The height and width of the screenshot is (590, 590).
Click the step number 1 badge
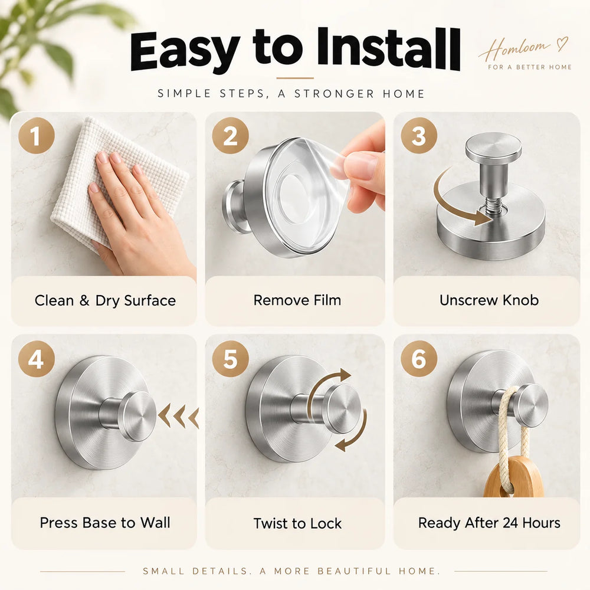coord(37,136)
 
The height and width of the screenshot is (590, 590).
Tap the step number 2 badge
coord(230,136)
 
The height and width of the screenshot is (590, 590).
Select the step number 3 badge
coord(419,136)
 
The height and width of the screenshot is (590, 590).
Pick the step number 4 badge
coord(37,359)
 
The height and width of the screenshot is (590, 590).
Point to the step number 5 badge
coord(230,359)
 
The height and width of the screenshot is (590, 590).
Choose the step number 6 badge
coord(419,359)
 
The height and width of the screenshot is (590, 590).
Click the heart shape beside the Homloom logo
coord(562,44)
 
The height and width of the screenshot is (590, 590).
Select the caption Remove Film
coord(297,300)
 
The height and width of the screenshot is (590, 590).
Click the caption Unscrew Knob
coord(489,300)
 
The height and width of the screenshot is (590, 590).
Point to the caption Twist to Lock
coord(297,523)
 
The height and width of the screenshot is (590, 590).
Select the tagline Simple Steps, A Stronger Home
coord(291,94)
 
